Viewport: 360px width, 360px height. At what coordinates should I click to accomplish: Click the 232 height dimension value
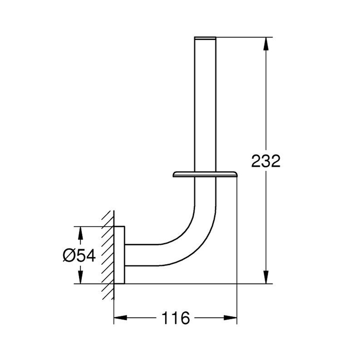coord(266,161)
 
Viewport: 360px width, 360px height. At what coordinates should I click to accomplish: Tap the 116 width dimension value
coord(175,318)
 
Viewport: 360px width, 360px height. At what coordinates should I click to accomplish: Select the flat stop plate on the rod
coord(205,174)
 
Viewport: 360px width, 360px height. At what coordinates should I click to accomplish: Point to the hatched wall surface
coord(108,254)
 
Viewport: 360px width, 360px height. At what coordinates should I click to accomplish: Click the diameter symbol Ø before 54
coord(69,255)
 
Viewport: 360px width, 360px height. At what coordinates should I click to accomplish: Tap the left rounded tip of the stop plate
coord(174,174)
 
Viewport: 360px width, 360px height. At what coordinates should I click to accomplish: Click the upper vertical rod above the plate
coord(205,106)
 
